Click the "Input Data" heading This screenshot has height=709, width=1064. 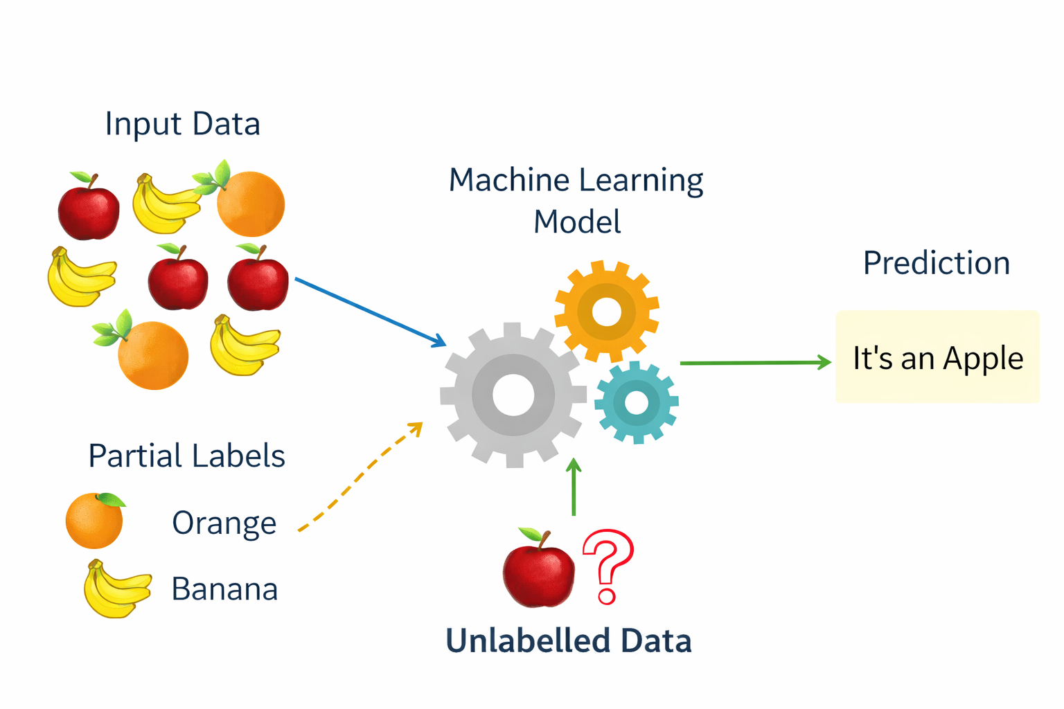point(182,125)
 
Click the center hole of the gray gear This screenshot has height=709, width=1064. point(513,395)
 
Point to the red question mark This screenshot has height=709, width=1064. point(608,564)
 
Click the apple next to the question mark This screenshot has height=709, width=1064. point(539,571)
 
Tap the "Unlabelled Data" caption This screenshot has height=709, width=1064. point(568,640)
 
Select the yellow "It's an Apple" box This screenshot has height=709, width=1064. point(937,357)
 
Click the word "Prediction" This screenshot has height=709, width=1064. point(936,263)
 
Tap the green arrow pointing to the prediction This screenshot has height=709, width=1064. point(755,362)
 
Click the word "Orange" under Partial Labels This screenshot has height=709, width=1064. point(224,523)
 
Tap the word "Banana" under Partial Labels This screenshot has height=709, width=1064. point(224,589)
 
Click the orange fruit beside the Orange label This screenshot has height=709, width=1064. point(94,521)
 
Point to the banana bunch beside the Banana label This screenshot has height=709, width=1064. point(116,590)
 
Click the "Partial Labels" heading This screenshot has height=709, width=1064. point(186,456)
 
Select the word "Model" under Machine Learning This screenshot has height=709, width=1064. point(577,222)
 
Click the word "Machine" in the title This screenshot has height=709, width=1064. point(509,181)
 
